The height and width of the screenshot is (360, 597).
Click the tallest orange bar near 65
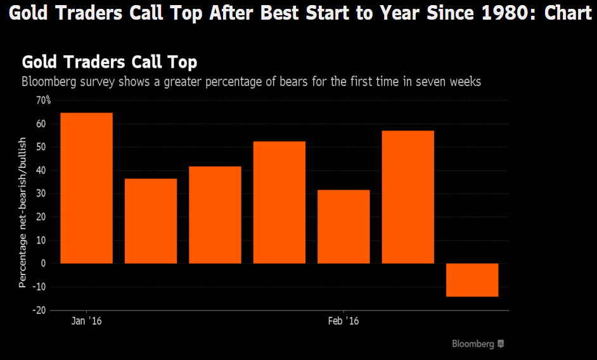point(86,188)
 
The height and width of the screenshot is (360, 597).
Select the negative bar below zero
point(472,280)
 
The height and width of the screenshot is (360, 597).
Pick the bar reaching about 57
point(408,196)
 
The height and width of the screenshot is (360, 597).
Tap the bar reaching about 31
point(343,226)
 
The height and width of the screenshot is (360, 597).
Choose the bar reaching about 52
point(279,202)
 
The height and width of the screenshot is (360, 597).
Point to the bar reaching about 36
point(151,221)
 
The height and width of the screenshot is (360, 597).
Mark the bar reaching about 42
point(215,214)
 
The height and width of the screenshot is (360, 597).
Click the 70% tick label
point(43,100)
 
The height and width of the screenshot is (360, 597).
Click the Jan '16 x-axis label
point(87,321)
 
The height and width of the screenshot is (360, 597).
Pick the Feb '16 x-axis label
point(343,321)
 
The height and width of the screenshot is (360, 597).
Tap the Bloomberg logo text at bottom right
point(473,344)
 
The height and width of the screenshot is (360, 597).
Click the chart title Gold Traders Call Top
point(110,62)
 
